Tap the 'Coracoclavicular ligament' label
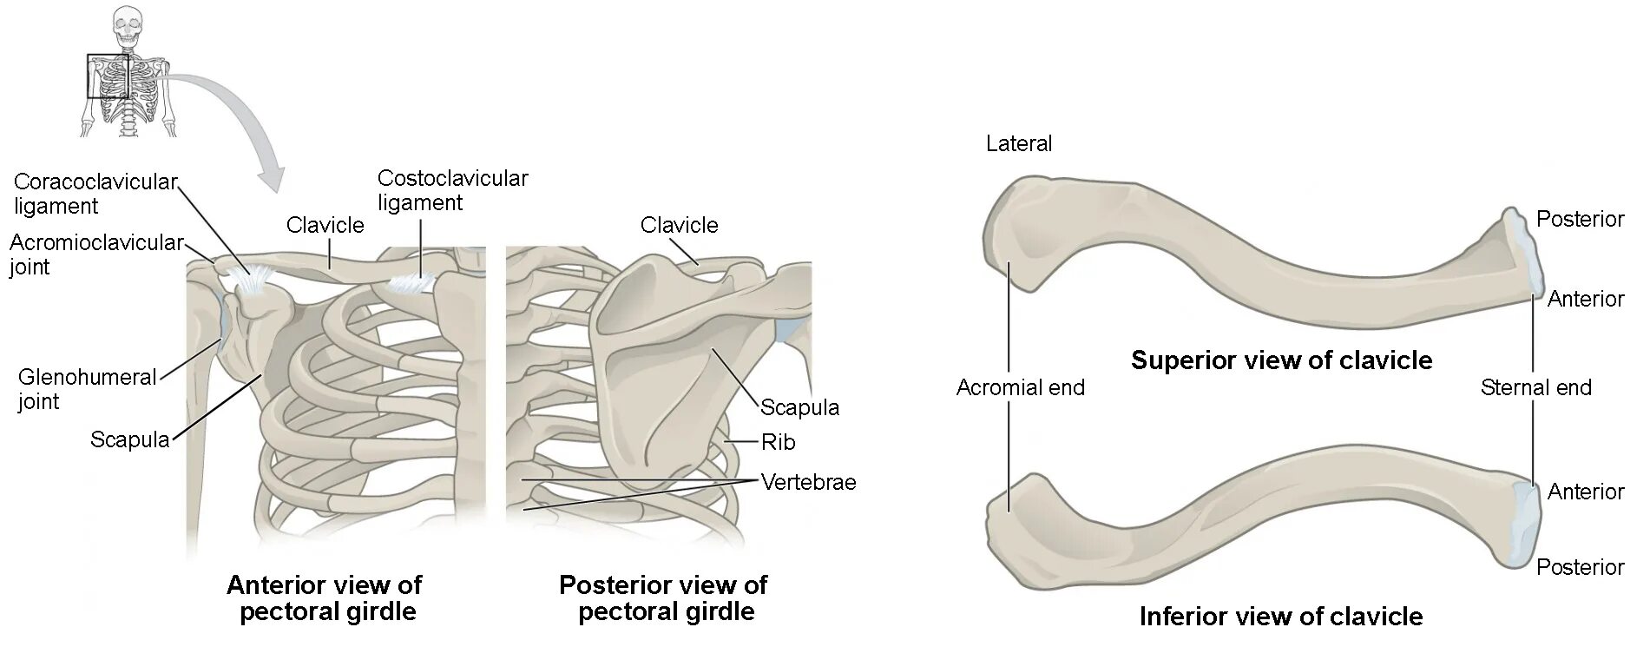95,194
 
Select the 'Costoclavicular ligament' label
452,190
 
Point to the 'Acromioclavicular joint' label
95,254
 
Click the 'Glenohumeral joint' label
87,389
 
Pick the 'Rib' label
778,442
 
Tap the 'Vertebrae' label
808,482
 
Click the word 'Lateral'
1018,143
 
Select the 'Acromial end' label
1020,387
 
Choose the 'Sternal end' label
1535,387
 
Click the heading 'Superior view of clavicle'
1281,360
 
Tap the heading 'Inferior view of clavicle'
1280,617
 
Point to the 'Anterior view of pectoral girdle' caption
325,597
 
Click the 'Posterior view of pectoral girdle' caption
664,597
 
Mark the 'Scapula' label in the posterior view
799,407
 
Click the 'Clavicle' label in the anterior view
325,225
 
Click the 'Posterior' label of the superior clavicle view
1580,219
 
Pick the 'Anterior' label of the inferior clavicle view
1585,492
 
